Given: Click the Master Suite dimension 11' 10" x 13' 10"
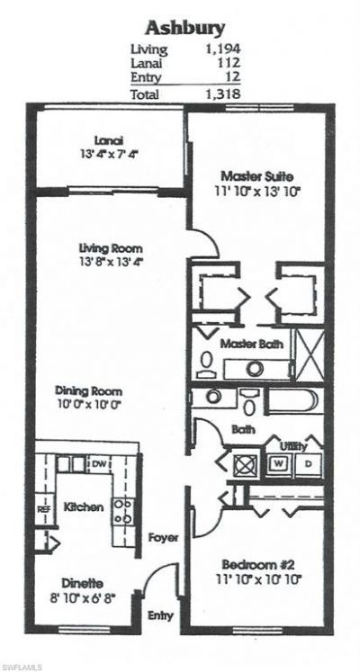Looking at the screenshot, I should coord(256,191).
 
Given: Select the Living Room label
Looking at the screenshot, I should coord(112,248).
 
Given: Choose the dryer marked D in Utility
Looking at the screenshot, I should coord(309,464).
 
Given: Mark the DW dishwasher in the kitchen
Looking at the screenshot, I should coord(99,463).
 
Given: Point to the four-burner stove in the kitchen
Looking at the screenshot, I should coord(123,511).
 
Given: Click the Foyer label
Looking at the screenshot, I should coord(163,537).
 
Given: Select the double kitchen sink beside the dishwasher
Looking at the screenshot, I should coord(68,464).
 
